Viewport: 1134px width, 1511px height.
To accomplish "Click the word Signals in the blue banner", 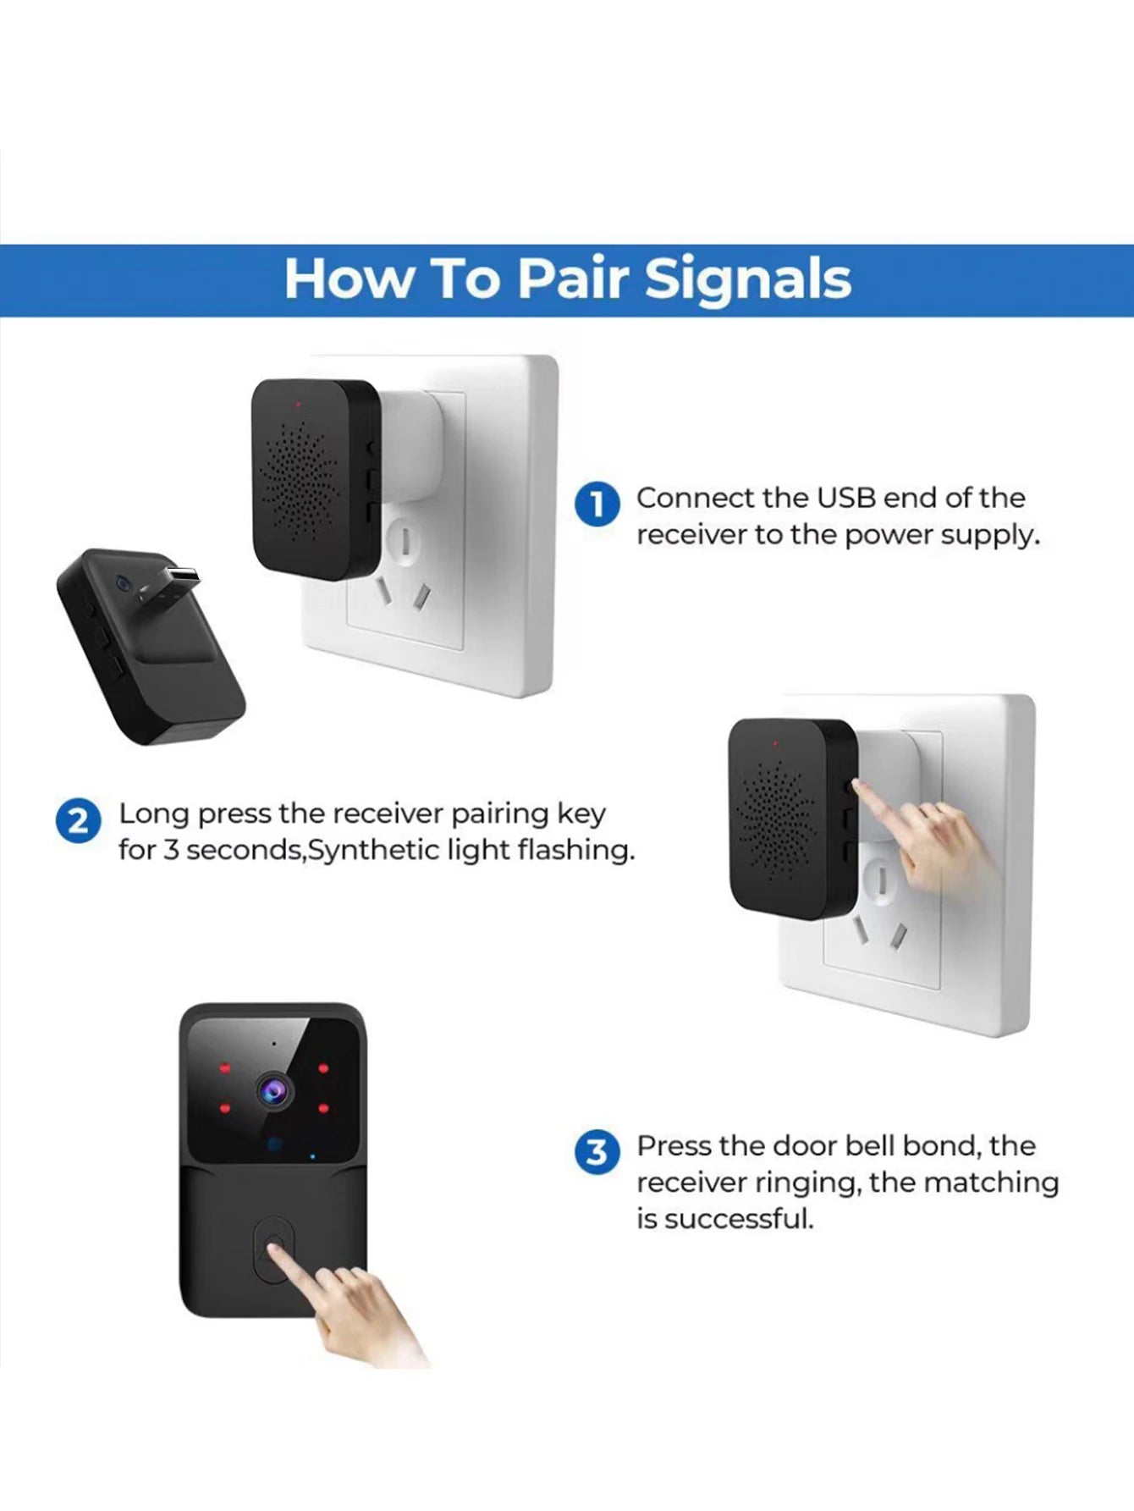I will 747,279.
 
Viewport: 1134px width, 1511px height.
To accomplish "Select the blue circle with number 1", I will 597,505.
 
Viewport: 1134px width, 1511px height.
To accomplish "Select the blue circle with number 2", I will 78,821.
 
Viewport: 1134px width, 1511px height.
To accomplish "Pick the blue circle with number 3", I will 597,1152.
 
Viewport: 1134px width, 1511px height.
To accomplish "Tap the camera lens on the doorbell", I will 273,1089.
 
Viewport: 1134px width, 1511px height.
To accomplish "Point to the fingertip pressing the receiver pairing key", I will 856,786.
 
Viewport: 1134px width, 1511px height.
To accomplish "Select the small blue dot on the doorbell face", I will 312,1156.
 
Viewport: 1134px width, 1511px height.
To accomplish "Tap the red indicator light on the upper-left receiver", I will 298,405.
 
